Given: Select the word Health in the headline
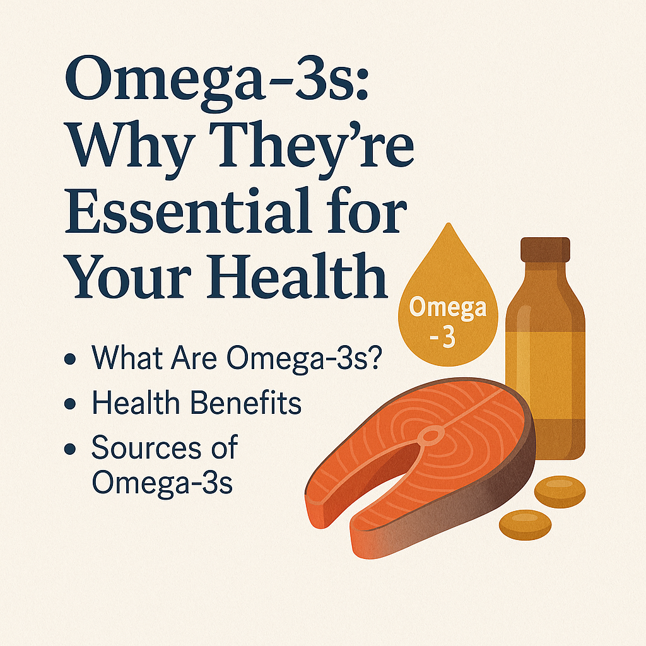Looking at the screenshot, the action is click(x=297, y=276).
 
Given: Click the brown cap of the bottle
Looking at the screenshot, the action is click(x=545, y=250).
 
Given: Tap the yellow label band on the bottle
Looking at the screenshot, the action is click(x=545, y=375).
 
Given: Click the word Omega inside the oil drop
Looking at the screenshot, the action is click(x=448, y=308).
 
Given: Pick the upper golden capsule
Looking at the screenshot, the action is click(x=560, y=491).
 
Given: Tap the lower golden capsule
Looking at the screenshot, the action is click(x=525, y=524).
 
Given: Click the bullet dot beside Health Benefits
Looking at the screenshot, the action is click(x=70, y=403).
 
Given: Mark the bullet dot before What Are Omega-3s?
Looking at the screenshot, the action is click(x=70, y=358).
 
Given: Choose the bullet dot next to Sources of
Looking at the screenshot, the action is click(x=70, y=449).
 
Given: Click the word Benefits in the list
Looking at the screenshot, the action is click(x=246, y=402).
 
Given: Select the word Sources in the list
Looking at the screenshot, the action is click(x=146, y=447).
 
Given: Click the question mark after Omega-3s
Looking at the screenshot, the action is click(x=375, y=357).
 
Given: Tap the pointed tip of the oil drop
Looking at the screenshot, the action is click(x=449, y=224).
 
